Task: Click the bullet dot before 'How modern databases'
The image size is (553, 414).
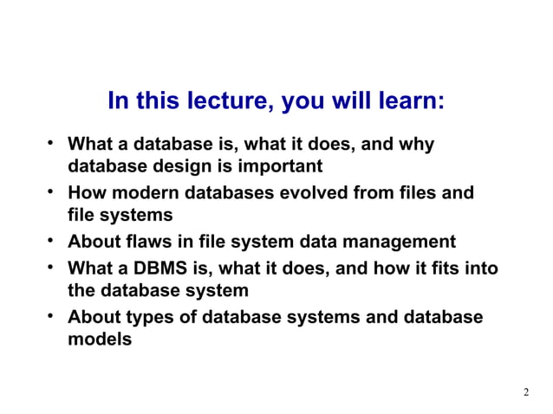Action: point(52,191)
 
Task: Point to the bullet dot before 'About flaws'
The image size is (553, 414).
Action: point(52,240)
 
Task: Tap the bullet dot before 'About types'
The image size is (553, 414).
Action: point(52,315)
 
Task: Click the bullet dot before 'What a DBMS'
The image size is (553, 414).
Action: point(52,267)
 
